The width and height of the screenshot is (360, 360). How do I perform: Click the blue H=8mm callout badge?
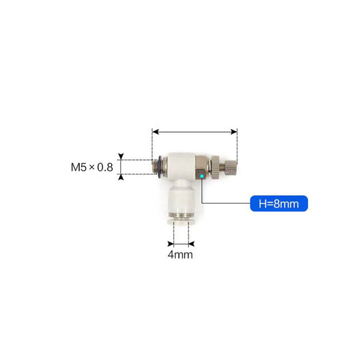[x=279, y=203]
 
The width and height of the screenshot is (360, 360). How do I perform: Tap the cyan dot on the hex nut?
[x=202, y=176]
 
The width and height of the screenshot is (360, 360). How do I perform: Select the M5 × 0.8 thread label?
[x=92, y=167]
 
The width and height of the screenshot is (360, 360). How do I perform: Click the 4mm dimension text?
[x=180, y=255]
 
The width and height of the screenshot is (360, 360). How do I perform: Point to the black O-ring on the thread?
[x=160, y=166]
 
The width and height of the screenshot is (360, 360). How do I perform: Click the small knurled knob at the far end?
[x=231, y=168]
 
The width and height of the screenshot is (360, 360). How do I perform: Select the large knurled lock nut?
[x=215, y=167]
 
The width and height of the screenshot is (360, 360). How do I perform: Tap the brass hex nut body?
[x=201, y=167]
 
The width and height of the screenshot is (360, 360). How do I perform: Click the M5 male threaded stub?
[x=155, y=166]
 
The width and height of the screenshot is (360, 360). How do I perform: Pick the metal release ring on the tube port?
[x=181, y=217]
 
